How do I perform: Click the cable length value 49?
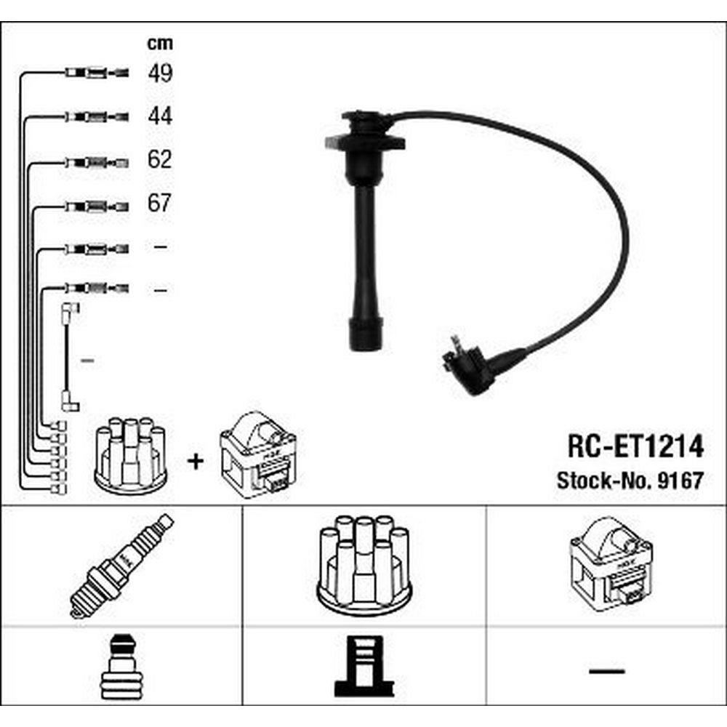pyautogui.click(x=161, y=73)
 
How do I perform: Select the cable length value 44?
pyautogui.click(x=161, y=116)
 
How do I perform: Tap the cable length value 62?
pyautogui.click(x=160, y=159)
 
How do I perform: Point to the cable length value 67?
pyautogui.click(x=160, y=203)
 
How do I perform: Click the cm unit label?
pyautogui.click(x=160, y=44)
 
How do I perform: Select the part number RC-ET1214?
pyautogui.click(x=635, y=446)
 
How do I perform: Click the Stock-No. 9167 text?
pyautogui.click(x=630, y=481)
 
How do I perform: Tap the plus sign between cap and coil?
pyautogui.click(x=195, y=462)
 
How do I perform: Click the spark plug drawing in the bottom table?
pyautogui.click(x=121, y=566)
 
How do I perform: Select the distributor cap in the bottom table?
pyautogui.click(x=364, y=565)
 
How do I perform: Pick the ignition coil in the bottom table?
pyautogui.click(x=611, y=564)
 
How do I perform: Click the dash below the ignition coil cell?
pyautogui.click(x=606, y=670)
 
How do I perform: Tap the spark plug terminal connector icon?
pyautogui.click(x=121, y=667)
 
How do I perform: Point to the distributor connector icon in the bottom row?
pyautogui.click(x=364, y=666)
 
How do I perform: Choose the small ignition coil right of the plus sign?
pyautogui.click(x=258, y=455)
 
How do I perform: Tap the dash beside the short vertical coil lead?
pyautogui.click(x=88, y=360)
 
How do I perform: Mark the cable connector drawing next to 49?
pyautogui.click(x=97, y=73)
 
